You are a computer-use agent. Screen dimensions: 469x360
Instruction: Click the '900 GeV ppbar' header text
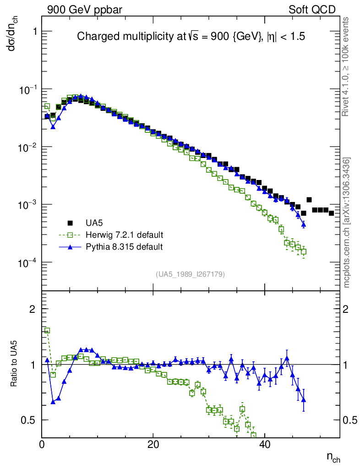tap(84, 10)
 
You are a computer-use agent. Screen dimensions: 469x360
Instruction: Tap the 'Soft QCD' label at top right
tap(312, 10)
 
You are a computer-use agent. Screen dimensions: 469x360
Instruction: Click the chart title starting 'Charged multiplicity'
tap(191, 36)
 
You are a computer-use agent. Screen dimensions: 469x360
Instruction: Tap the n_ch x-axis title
tap(333, 457)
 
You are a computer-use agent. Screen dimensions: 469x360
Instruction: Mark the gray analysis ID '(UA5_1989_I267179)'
tap(190, 274)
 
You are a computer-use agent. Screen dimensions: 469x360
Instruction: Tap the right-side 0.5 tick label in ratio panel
tap(350, 420)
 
